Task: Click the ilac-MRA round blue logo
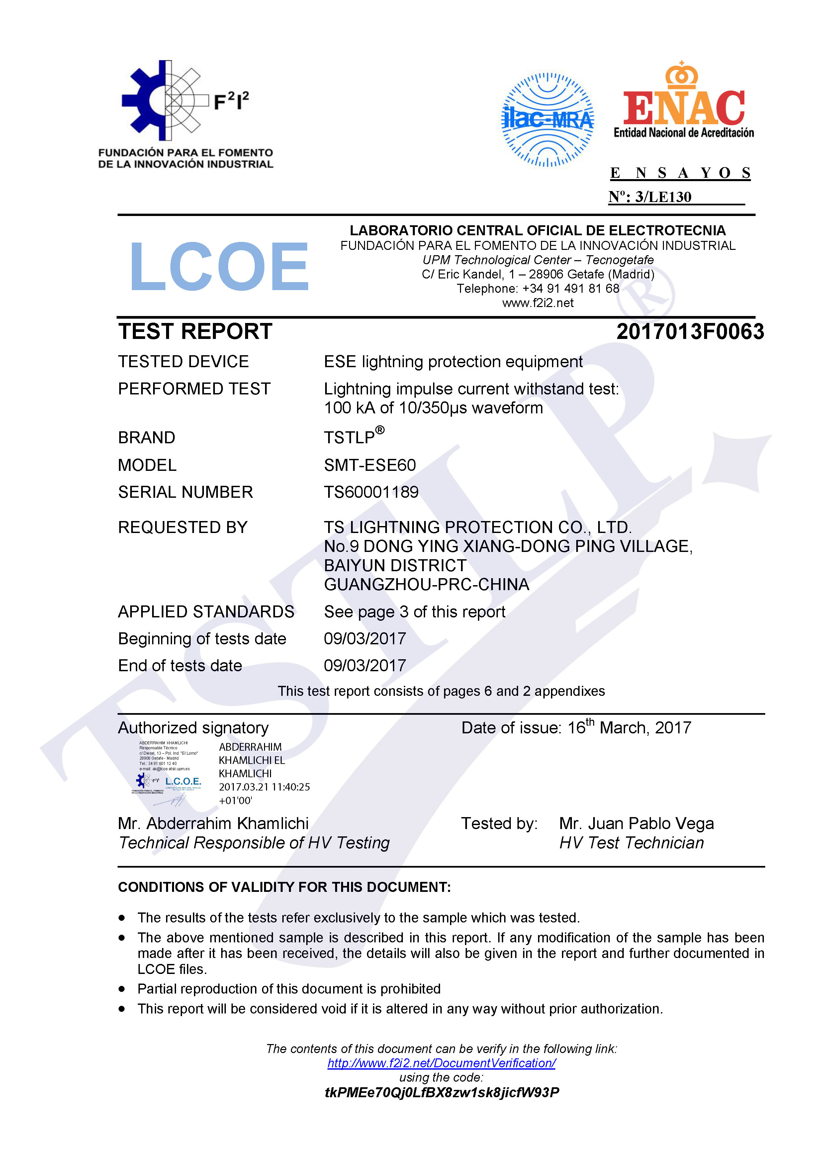pos(547,120)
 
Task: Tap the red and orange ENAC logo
pos(684,102)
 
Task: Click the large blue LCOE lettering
pos(219,266)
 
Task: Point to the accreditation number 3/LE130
pos(663,197)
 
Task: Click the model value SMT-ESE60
pos(370,465)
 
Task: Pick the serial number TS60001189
pos(371,492)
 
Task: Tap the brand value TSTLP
pos(350,437)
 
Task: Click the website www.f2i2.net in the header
pos(538,303)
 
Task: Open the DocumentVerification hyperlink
pos(441,1063)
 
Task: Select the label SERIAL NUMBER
pos(185,492)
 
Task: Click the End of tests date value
pos(365,666)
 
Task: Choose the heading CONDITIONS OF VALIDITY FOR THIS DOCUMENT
pos(284,887)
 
